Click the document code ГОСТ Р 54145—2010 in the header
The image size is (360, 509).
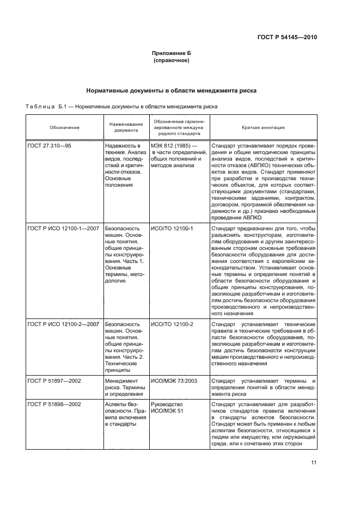click(x=286, y=37)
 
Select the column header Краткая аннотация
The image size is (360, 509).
click(x=263, y=128)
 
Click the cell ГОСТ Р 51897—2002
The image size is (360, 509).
click(x=54, y=381)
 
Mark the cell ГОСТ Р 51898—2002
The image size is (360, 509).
click(x=54, y=404)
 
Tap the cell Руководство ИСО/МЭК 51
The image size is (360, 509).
click(x=167, y=408)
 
